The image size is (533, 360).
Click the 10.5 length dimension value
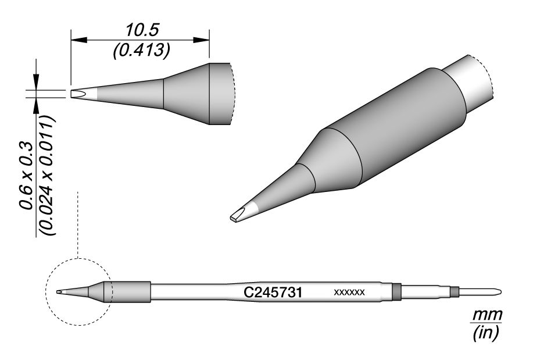(x=142, y=30)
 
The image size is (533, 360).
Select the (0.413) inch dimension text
(x=141, y=51)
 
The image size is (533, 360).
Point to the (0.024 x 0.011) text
(x=48, y=175)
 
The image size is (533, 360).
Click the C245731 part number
(x=273, y=293)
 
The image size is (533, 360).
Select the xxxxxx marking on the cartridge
(x=349, y=292)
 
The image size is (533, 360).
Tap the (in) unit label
(x=486, y=332)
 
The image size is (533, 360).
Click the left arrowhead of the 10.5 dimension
(x=79, y=40)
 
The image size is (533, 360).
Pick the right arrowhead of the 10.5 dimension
(x=201, y=40)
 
